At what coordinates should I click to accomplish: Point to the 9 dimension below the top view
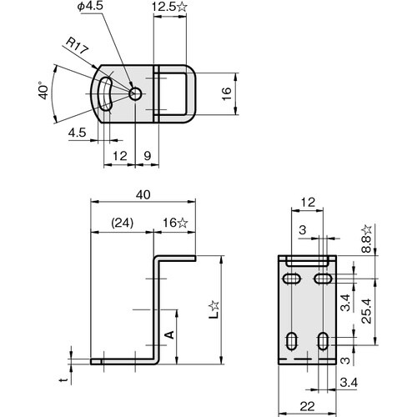147,156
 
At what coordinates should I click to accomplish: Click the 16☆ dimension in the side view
176,223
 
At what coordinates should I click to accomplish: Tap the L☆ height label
214,310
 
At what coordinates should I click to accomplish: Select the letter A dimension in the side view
168,334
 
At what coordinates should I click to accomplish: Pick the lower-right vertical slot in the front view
323,340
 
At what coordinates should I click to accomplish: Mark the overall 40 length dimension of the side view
143,194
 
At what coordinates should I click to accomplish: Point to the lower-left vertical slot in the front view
293,340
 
